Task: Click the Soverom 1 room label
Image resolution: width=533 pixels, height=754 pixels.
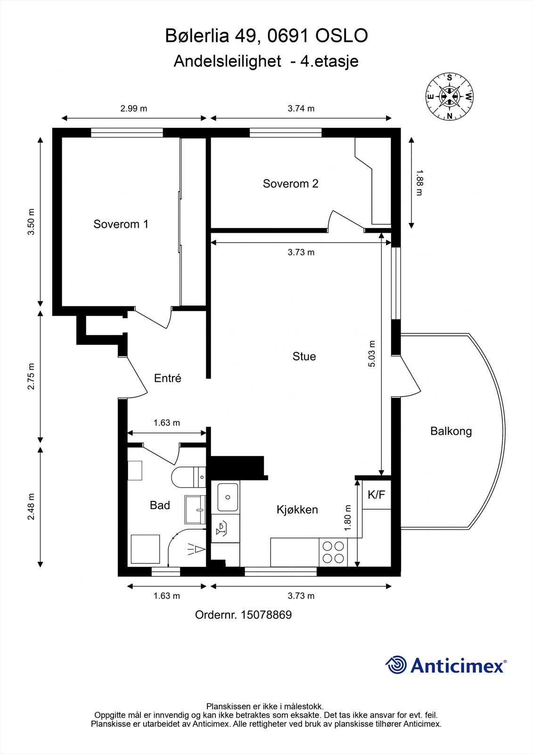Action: click(x=121, y=224)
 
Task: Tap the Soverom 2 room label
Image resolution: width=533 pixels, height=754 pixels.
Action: click(x=290, y=183)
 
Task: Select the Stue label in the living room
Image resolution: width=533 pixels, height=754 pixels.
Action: click(x=304, y=356)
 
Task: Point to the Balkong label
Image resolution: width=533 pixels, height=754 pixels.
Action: click(x=451, y=431)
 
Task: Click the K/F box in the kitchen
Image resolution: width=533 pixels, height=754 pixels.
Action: click(x=376, y=495)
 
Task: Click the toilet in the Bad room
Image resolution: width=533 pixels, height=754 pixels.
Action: click(x=187, y=477)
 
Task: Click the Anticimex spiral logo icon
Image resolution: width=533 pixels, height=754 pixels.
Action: click(x=396, y=665)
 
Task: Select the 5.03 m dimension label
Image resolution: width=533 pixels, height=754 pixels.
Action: click(x=372, y=353)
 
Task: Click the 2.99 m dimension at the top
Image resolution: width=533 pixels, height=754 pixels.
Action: click(x=133, y=108)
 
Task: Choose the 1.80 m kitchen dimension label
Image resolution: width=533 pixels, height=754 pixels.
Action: click(x=348, y=517)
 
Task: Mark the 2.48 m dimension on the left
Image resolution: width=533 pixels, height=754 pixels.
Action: click(x=31, y=507)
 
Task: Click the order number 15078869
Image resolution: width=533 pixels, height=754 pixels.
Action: click(x=266, y=615)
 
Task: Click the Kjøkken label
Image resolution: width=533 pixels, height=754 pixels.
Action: click(x=297, y=509)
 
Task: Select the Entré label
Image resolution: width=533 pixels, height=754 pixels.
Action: click(x=167, y=378)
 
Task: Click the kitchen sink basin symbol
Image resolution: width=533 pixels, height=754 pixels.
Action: click(x=228, y=497)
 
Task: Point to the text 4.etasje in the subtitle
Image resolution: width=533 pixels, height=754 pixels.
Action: click(x=329, y=61)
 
